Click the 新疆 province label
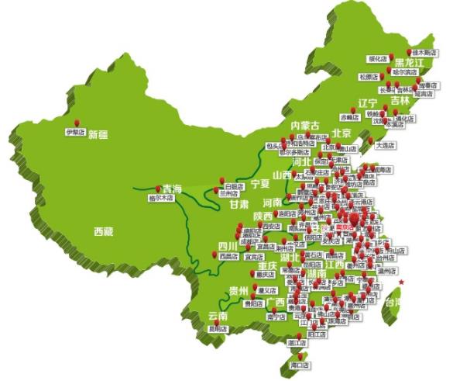coord(98,135)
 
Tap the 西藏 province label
coord(103,231)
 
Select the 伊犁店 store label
coord(76,133)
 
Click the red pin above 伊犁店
coord(77,123)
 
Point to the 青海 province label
coord(171,189)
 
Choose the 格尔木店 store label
coord(161,198)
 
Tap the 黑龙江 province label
coord(410,62)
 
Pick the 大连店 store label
coord(385,144)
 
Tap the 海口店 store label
coord(299,365)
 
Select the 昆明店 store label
coord(218,328)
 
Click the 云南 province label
coord(218,317)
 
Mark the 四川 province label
coord(227,247)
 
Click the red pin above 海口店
coord(293,356)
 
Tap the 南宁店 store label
coord(276,317)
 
